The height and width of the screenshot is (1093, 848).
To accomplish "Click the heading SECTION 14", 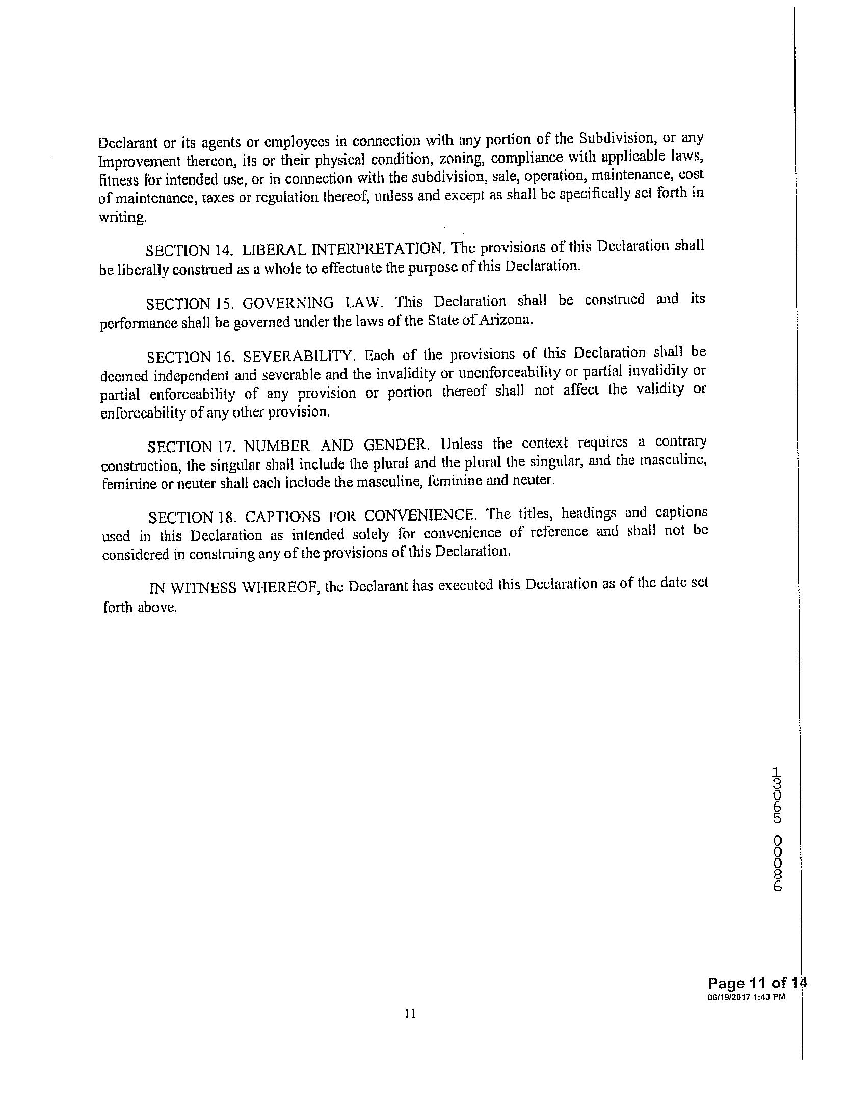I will [189, 251].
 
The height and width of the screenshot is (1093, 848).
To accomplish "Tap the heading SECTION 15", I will [190, 304].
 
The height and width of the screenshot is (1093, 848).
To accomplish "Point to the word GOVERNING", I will [288, 303].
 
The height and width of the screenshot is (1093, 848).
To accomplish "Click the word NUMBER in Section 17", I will [276, 446].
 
